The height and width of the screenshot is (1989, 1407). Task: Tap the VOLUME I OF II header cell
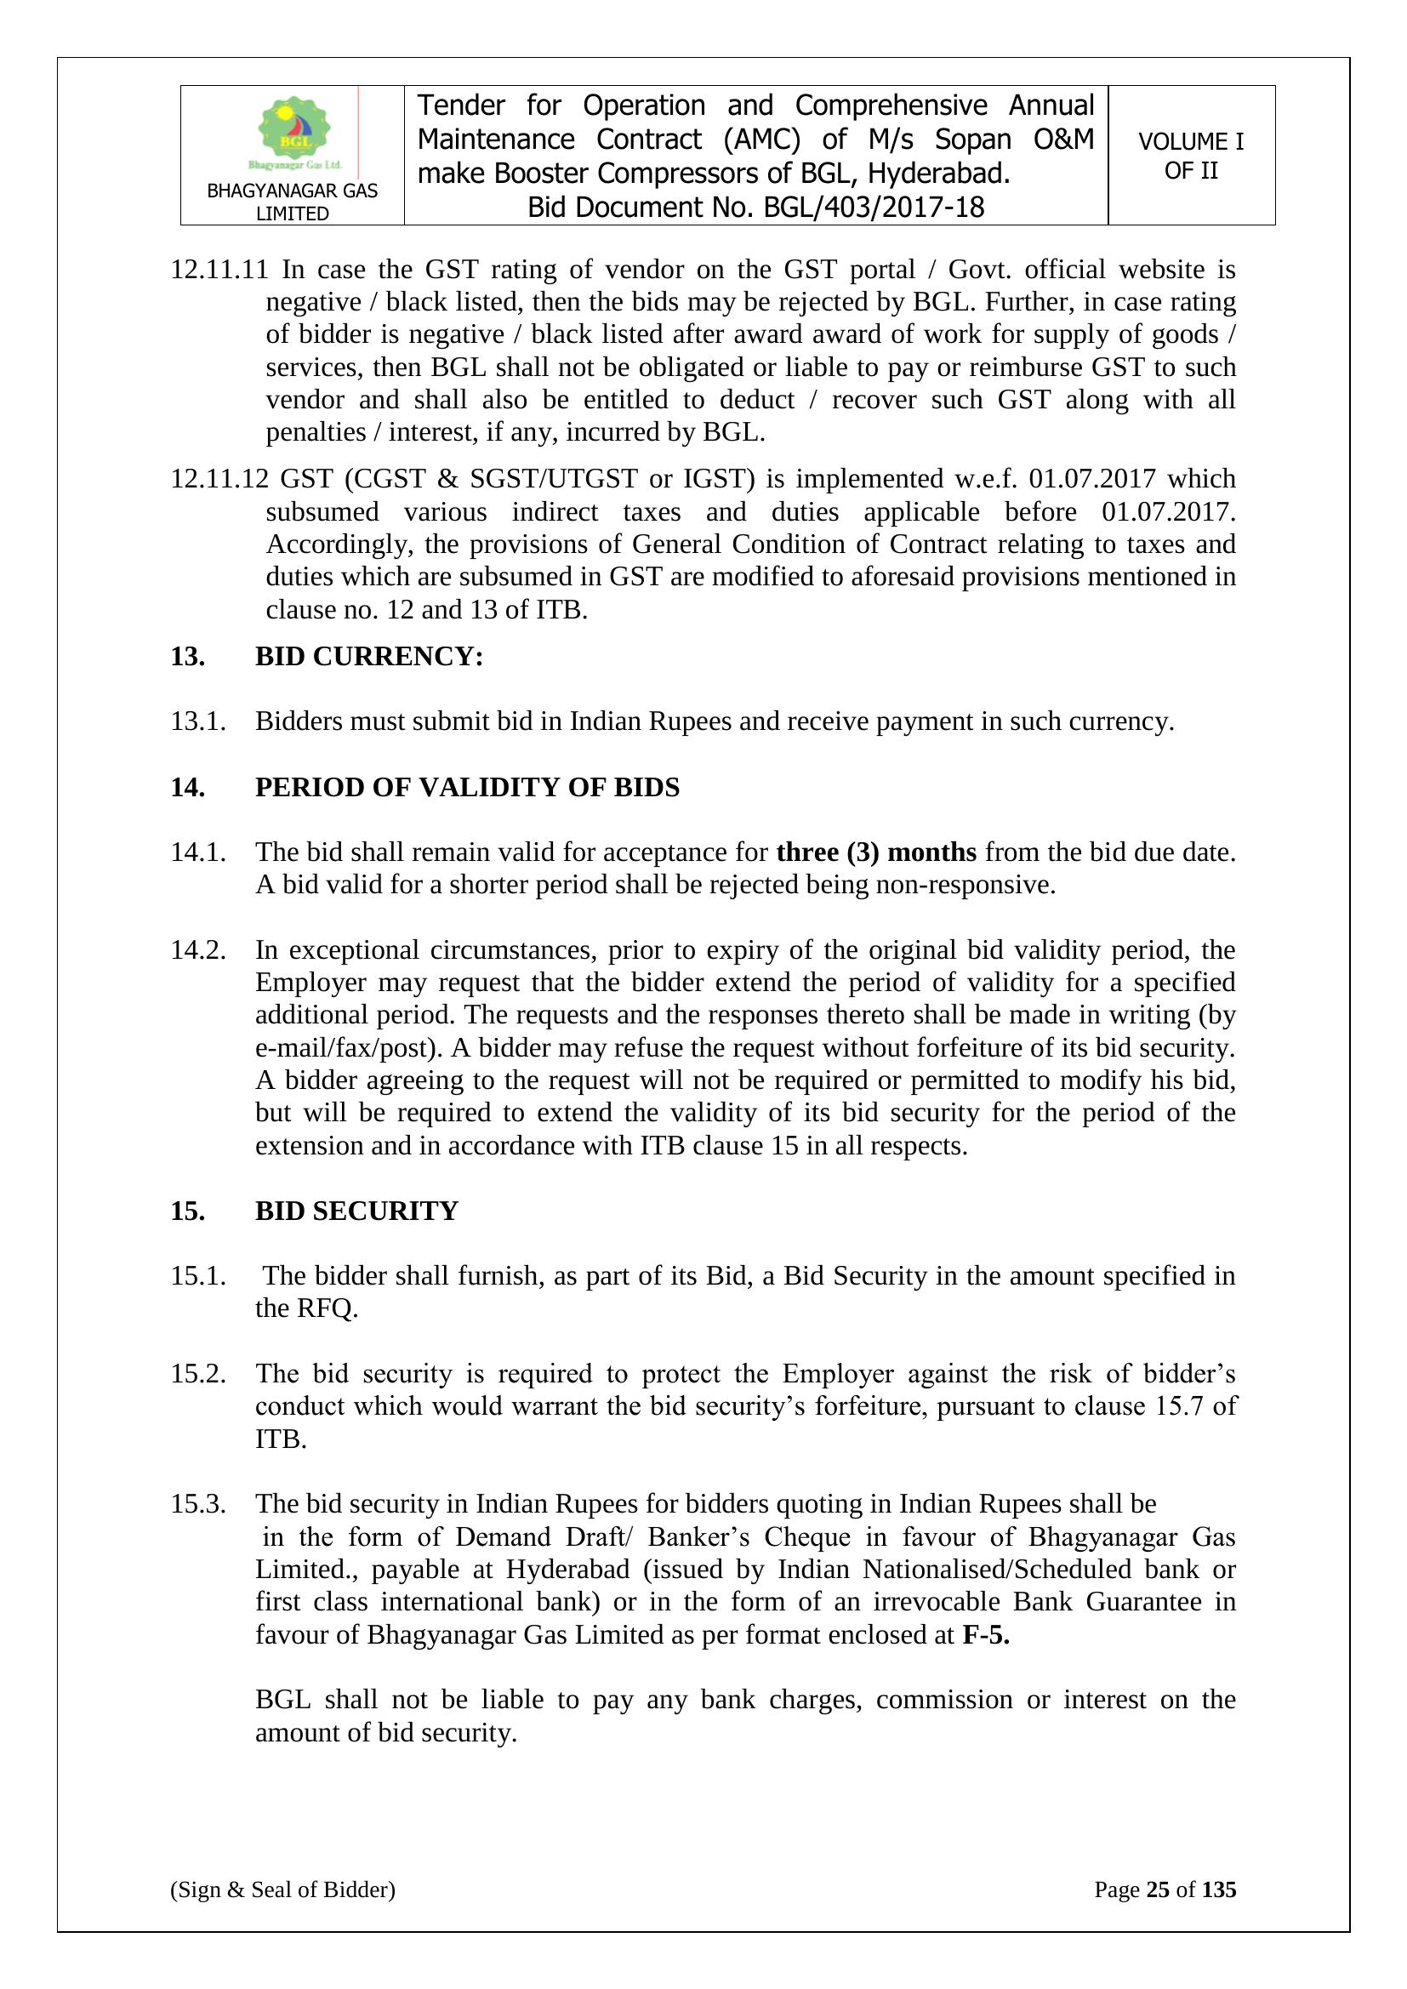point(1190,156)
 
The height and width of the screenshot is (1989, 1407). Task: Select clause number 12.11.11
point(219,270)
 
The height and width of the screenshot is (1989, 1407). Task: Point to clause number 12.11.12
point(219,479)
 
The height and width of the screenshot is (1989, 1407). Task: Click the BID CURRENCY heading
point(369,657)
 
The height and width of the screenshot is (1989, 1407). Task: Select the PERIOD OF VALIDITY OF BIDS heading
point(467,788)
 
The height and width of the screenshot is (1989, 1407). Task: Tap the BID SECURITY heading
point(356,1211)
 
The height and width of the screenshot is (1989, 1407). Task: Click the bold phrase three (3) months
point(876,852)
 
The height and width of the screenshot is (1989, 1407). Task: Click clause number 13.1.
point(198,721)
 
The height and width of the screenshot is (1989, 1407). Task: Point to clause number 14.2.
point(198,949)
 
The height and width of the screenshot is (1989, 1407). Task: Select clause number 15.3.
point(198,1504)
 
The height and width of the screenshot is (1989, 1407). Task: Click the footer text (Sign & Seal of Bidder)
point(282,1889)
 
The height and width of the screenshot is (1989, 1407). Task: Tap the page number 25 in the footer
point(1158,1889)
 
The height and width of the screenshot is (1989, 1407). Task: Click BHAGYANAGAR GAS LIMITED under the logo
point(292,202)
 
